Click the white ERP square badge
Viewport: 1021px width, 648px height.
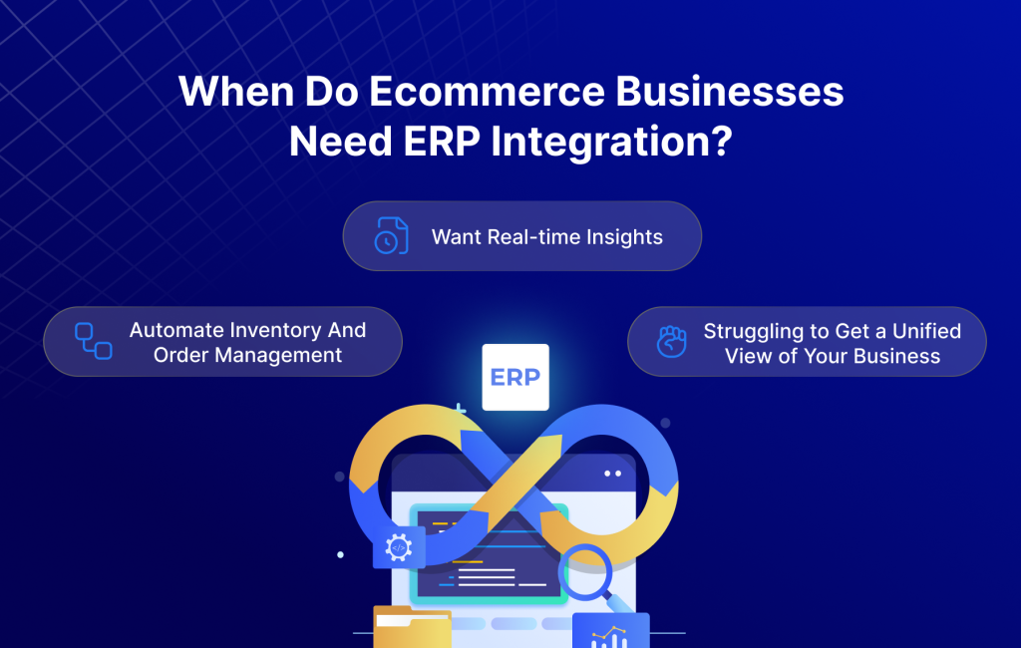pos(514,377)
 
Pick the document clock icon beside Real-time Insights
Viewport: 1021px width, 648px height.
pos(391,236)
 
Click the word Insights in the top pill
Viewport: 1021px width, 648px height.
pos(623,237)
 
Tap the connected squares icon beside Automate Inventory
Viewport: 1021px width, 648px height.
pos(93,341)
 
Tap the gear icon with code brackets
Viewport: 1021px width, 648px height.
pos(398,547)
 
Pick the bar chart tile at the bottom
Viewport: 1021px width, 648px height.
pos(610,631)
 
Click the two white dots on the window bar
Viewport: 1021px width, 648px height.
pos(612,473)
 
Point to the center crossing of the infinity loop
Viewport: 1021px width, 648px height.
pos(514,482)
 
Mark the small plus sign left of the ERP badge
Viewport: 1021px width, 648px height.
pos(460,409)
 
